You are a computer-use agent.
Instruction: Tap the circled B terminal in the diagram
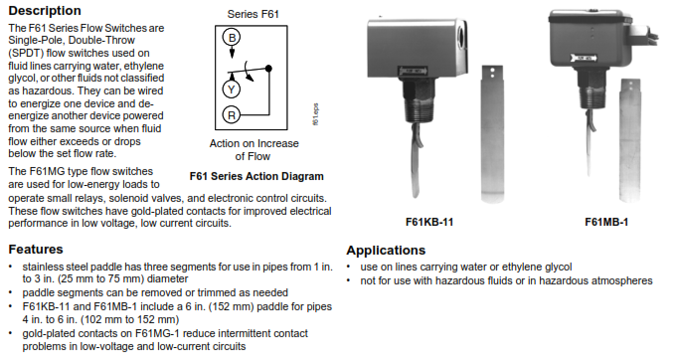[232, 38]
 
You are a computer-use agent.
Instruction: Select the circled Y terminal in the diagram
[232, 90]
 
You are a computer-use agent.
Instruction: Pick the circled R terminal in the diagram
[232, 115]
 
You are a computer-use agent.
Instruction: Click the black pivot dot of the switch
[268, 69]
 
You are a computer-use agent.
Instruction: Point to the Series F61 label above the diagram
[254, 14]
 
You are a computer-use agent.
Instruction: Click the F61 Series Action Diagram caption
[256, 176]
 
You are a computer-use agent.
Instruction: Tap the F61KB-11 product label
[429, 222]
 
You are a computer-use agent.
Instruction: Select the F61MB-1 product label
[606, 222]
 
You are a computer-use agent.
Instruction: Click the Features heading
[36, 249]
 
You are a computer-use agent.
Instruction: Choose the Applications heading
[386, 251]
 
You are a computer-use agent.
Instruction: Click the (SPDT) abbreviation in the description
[26, 53]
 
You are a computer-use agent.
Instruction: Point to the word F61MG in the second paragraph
[48, 171]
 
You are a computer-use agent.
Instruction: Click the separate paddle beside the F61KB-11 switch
[492, 134]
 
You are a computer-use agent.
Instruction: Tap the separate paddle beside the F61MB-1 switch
[630, 140]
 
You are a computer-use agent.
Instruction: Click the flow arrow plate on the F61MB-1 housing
[584, 58]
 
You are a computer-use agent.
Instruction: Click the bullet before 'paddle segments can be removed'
[11, 292]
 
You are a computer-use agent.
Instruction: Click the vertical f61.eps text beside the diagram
[315, 114]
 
